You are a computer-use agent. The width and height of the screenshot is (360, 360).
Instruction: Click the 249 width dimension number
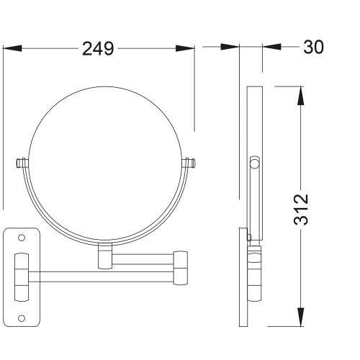98,49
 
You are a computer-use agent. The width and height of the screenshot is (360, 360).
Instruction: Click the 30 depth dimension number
313,47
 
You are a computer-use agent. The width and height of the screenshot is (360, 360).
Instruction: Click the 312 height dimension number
301,210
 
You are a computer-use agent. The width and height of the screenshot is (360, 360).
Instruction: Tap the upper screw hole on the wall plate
22,238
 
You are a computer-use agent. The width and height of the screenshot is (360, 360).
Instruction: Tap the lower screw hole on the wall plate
22,318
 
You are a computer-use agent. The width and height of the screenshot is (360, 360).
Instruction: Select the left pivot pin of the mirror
22,163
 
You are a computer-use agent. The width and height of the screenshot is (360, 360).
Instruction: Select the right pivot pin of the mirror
189,163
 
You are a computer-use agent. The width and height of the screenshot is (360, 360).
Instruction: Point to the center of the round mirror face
104,163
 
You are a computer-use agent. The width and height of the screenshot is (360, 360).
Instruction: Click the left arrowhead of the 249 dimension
12,48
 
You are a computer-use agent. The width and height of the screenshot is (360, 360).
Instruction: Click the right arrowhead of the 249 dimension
185,48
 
